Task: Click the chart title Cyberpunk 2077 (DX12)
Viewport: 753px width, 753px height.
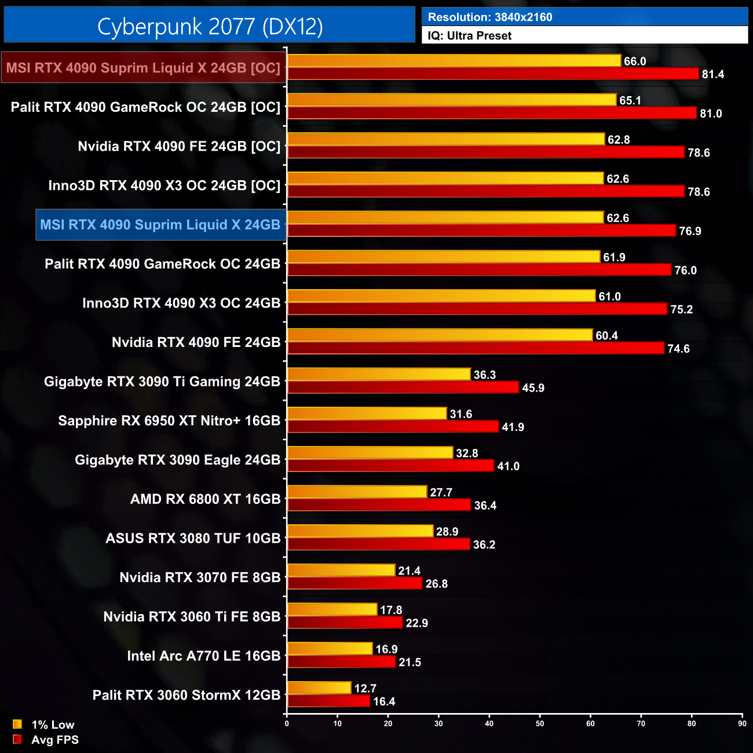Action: coord(210,27)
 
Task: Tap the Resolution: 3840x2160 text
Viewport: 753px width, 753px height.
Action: coord(490,17)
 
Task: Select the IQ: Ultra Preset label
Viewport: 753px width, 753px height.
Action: coord(470,35)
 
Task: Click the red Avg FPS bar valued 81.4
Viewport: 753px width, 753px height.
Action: coord(493,74)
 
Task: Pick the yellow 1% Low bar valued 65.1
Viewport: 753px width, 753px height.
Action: coord(452,100)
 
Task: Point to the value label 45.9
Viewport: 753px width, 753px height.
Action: coord(533,388)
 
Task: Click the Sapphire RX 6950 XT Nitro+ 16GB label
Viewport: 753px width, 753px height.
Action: coord(169,421)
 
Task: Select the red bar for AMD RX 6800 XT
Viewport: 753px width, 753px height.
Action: coord(379,505)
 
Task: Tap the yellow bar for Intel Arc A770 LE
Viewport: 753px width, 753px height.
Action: coord(330,649)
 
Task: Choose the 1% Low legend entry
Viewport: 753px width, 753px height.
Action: coord(44,725)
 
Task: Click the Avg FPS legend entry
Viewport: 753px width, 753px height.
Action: coord(46,740)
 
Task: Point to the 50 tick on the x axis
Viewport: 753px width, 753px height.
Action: coord(540,723)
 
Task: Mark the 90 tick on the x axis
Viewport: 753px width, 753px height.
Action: coord(742,723)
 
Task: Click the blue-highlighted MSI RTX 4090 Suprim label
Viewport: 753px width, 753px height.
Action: coord(160,225)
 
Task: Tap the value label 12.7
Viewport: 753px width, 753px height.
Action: coord(365,688)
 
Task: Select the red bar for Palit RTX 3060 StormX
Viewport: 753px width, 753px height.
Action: coord(328,701)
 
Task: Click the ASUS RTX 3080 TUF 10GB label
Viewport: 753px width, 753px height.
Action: coord(193,538)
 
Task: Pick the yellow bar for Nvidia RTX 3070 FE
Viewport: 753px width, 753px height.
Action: coord(341,571)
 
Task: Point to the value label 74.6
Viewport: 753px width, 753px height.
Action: coord(678,349)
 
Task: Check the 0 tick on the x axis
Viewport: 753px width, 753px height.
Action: coord(287,723)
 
